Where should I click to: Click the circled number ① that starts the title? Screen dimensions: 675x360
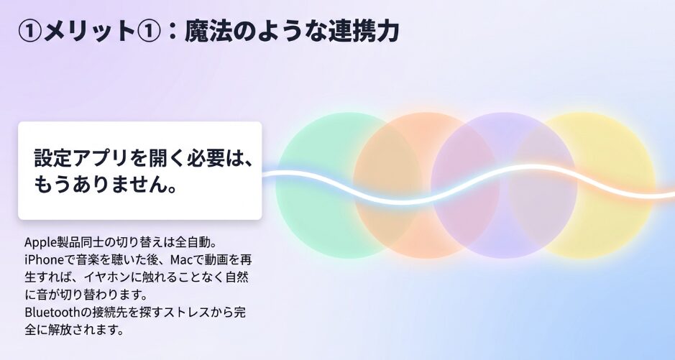[30, 32]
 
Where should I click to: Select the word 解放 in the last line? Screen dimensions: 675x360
[60, 330]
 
